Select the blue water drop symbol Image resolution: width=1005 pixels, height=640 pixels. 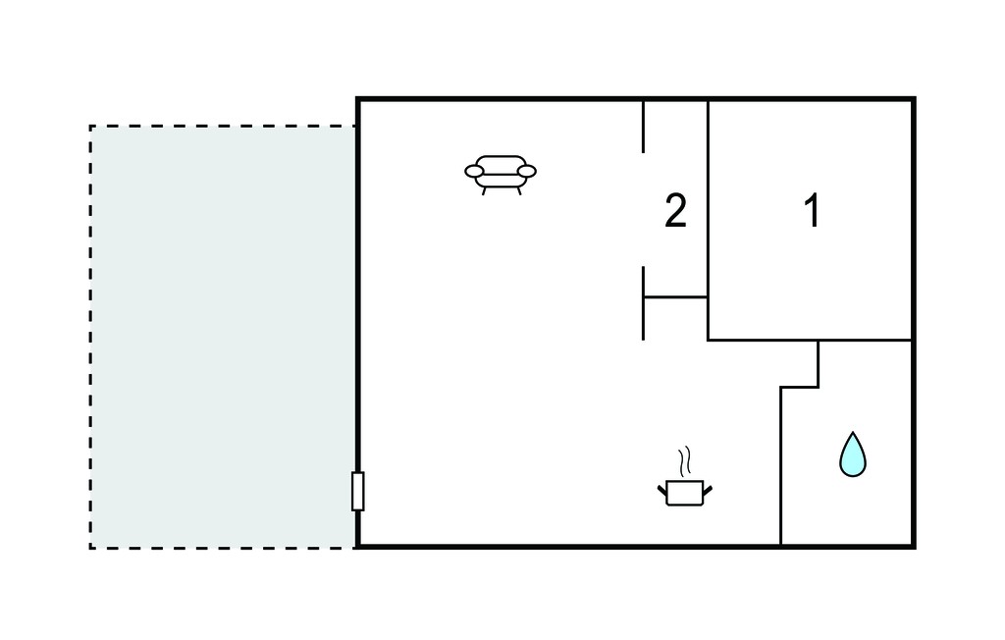point(853,454)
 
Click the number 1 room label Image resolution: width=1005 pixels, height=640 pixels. point(812,210)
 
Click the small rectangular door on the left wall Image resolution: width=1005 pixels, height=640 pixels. point(357,491)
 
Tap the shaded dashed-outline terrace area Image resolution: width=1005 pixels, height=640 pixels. point(223,337)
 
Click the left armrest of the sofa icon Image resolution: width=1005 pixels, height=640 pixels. point(474,171)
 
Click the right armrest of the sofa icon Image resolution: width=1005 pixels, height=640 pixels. point(527,171)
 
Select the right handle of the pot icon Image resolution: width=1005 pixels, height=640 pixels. point(708,491)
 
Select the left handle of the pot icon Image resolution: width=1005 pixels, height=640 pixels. point(662,491)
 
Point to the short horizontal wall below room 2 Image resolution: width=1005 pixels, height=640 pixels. point(675,297)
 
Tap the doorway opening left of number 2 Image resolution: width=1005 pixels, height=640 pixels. point(643,210)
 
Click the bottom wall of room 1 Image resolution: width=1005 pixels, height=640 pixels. point(810,340)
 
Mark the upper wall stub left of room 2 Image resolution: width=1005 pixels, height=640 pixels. point(643,127)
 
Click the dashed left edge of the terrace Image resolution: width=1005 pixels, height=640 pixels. point(90,337)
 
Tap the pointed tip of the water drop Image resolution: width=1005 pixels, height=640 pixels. point(853,432)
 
